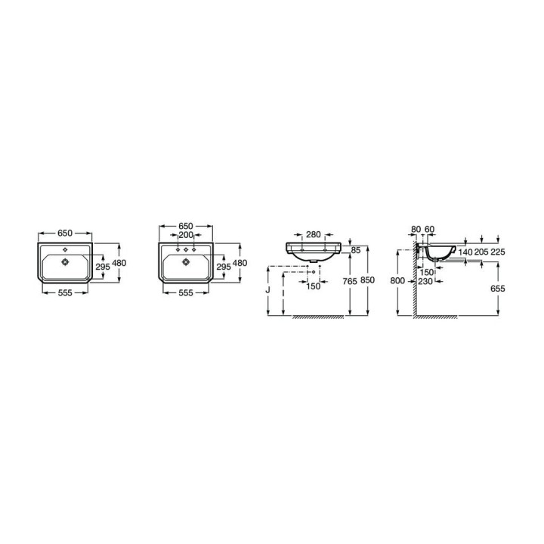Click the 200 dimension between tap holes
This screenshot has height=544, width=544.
[186, 235]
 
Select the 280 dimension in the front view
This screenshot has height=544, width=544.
[314, 234]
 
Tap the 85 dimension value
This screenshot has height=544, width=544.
[356, 250]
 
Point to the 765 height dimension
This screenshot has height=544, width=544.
[349, 281]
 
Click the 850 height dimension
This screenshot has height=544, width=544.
[367, 280]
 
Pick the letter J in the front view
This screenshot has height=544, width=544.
[267, 289]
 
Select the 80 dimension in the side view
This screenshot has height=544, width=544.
[416, 229]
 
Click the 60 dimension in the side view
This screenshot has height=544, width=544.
[429, 229]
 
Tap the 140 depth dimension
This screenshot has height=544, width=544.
[465, 252]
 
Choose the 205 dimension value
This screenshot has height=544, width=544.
[481, 252]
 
